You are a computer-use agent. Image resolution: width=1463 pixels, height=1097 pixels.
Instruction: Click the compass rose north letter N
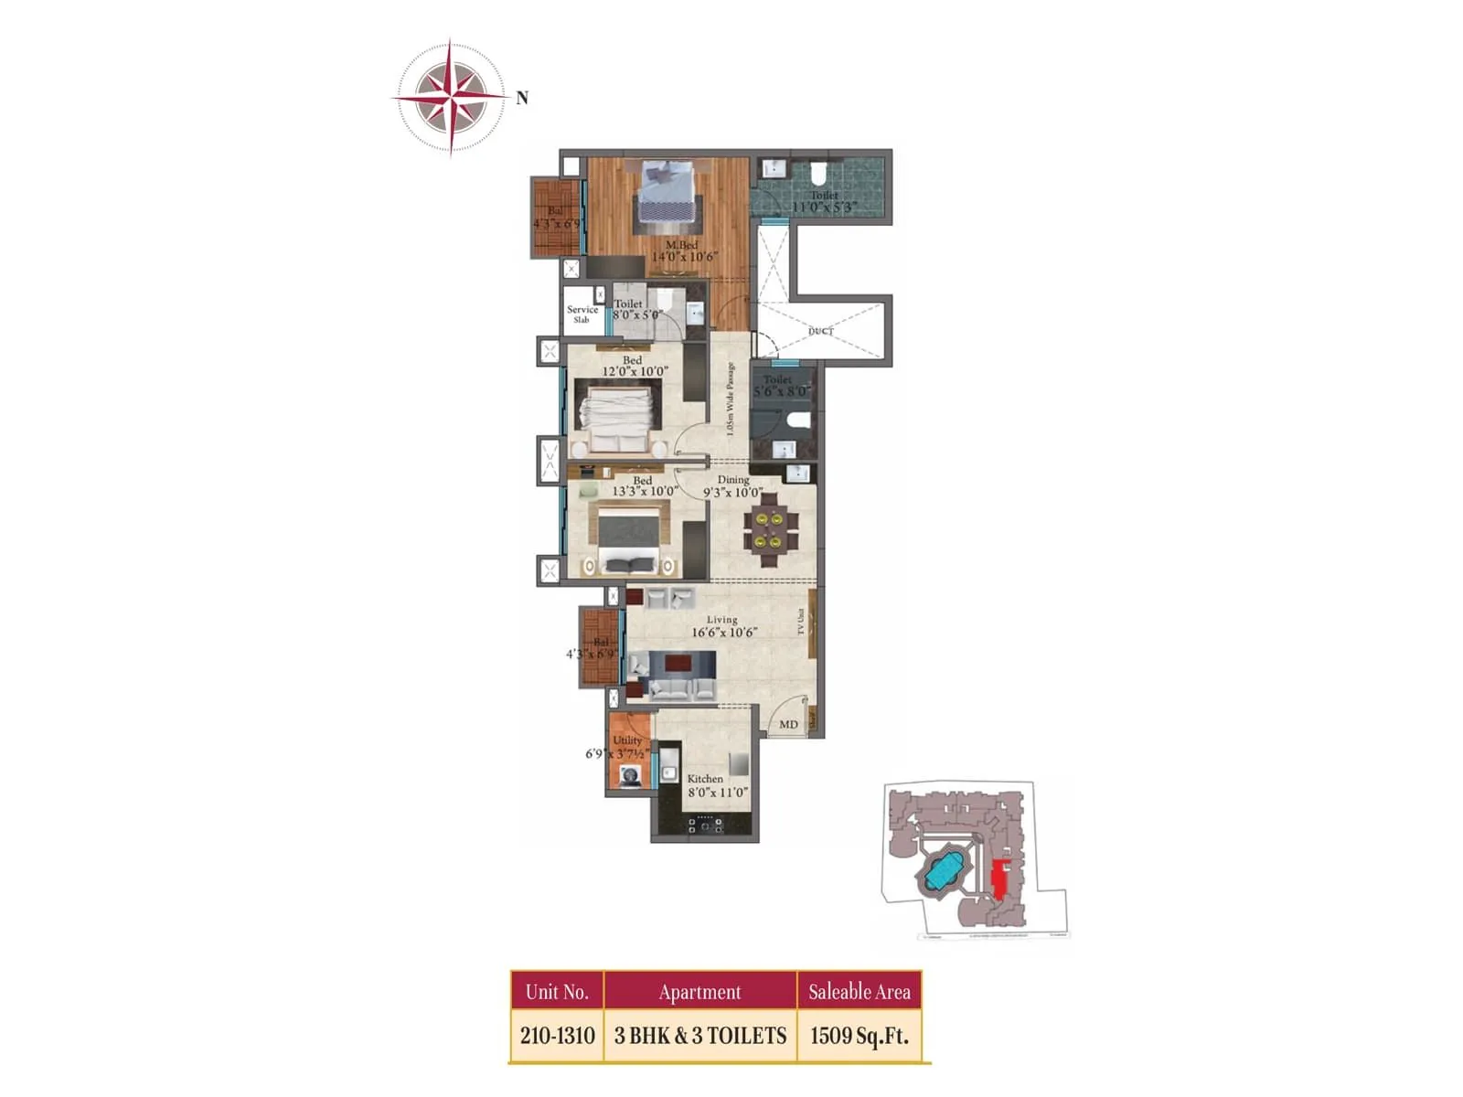(522, 98)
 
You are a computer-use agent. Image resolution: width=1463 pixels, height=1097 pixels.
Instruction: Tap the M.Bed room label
(682, 245)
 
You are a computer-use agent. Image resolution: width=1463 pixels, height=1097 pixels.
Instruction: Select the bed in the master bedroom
(667, 191)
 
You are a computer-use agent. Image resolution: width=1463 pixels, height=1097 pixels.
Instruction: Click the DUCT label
(820, 331)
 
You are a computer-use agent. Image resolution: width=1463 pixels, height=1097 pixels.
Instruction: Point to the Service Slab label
(582, 314)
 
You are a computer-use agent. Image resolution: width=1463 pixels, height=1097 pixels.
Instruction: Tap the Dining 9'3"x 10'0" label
(732, 486)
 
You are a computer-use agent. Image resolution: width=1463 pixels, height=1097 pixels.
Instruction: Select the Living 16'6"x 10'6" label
(723, 626)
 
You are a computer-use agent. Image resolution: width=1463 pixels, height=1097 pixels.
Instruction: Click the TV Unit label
(801, 622)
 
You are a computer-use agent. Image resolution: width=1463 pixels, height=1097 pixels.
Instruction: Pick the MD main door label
(788, 725)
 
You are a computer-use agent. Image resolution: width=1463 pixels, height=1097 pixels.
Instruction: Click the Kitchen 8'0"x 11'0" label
(716, 786)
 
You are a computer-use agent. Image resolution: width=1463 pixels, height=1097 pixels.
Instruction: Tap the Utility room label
(627, 740)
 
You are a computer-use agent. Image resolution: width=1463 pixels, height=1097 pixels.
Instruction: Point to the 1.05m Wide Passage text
(730, 399)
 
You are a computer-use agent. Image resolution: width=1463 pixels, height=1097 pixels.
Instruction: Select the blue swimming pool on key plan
(947, 871)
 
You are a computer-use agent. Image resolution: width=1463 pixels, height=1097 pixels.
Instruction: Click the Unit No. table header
(557, 992)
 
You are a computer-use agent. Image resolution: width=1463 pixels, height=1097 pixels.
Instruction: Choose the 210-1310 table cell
(557, 1036)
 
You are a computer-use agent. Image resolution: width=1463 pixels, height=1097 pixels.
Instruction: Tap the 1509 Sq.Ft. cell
(859, 1036)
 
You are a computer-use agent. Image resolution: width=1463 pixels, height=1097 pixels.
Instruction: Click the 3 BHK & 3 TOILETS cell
(700, 1036)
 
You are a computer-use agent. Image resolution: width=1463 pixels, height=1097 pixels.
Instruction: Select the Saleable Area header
(859, 992)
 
